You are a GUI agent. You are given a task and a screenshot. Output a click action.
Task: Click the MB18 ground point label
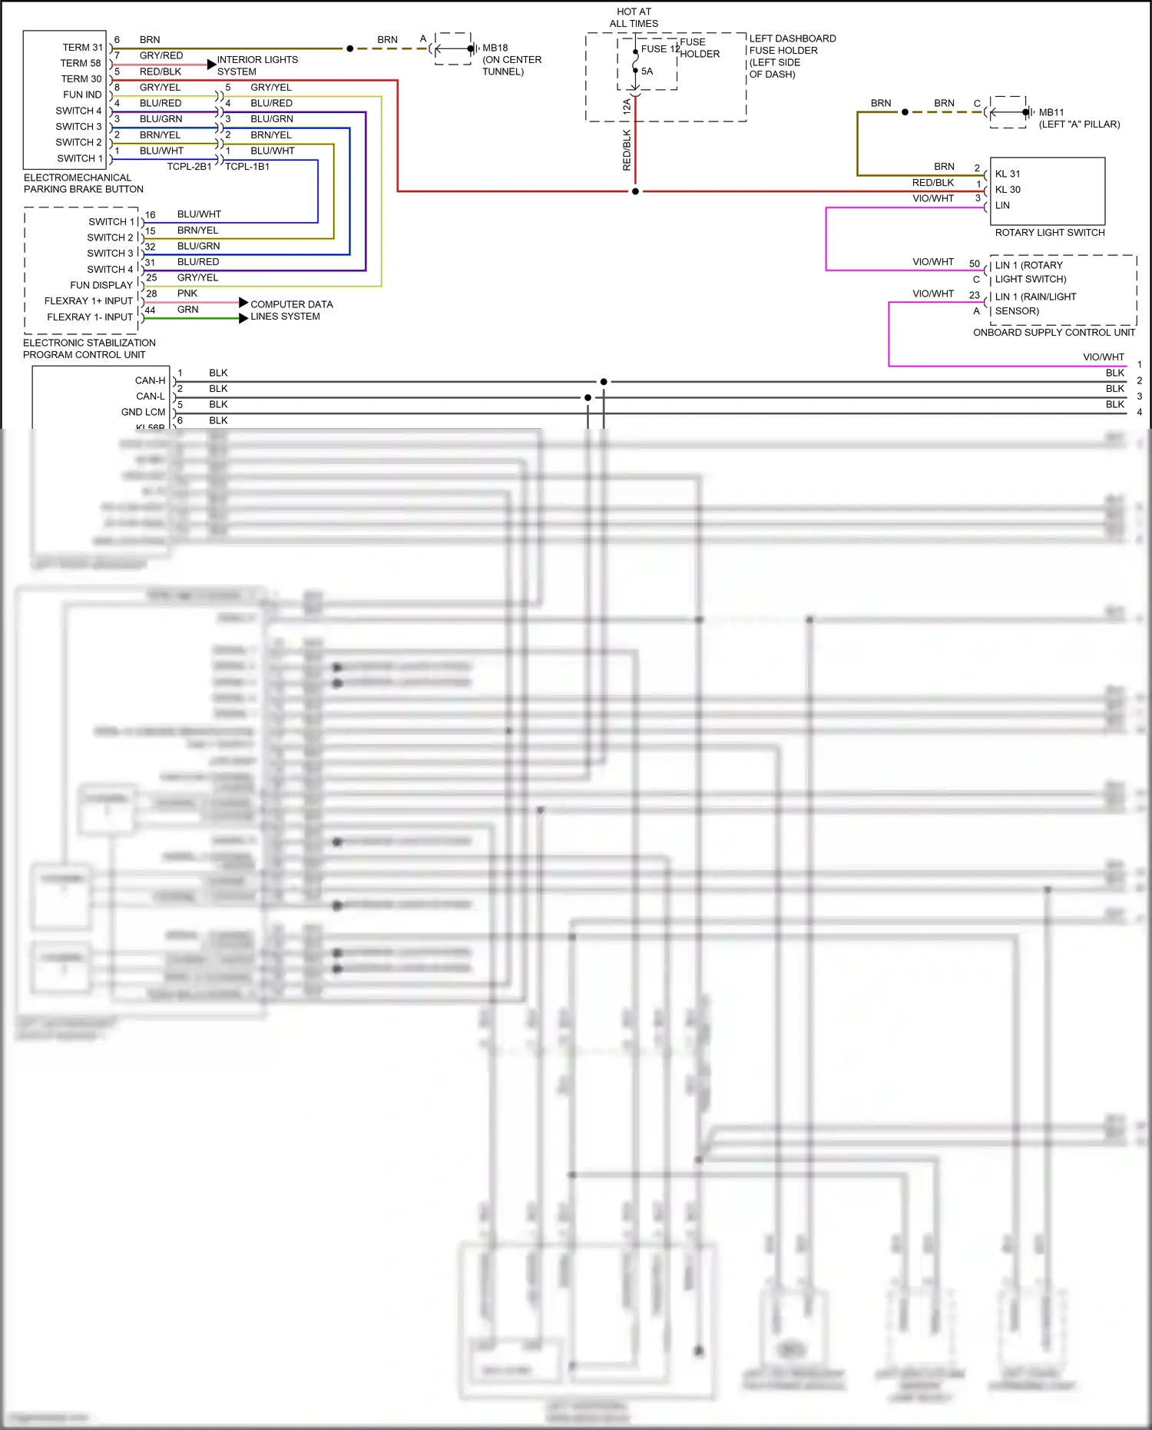click(x=495, y=48)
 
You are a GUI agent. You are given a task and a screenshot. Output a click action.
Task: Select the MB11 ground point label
click(x=1051, y=112)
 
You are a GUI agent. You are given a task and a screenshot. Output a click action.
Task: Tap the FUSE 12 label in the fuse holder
click(x=660, y=49)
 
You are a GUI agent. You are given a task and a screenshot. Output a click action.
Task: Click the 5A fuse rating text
click(x=647, y=71)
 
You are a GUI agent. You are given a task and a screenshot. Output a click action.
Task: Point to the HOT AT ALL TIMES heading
click(x=634, y=18)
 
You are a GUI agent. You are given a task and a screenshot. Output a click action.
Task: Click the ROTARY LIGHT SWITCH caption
click(x=1049, y=233)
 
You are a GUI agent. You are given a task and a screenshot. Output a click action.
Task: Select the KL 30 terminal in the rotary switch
click(x=1008, y=190)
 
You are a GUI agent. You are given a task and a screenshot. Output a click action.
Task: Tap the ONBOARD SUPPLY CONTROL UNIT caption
click(x=1054, y=333)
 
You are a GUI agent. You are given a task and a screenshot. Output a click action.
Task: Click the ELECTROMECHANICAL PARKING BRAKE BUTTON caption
click(x=83, y=184)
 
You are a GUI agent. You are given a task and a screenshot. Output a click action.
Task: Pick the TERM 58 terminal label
click(x=81, y=63)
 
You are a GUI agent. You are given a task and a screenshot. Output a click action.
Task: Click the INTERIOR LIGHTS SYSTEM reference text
click(x=257, y=65)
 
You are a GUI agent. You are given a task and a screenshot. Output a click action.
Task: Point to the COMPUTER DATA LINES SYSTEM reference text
click(x=291, y=310)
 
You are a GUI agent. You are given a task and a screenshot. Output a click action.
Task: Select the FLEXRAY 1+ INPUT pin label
click(x=88, y=301)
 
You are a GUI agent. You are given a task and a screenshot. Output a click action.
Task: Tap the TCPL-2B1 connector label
click(x=189, y=167)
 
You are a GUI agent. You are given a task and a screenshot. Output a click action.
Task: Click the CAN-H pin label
click(x=150, y=380)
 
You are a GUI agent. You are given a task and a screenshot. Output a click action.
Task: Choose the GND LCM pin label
click(x=143, y=412)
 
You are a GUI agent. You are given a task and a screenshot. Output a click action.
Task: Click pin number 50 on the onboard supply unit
click(x=974, y=264)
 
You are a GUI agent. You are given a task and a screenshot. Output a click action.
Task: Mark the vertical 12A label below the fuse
click(x=627, y=107)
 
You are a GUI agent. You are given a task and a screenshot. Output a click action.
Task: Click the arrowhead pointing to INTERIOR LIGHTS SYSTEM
click(x=211, y=65)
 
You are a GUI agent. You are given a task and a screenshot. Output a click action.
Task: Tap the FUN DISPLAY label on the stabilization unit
click(x=101, y=285)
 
